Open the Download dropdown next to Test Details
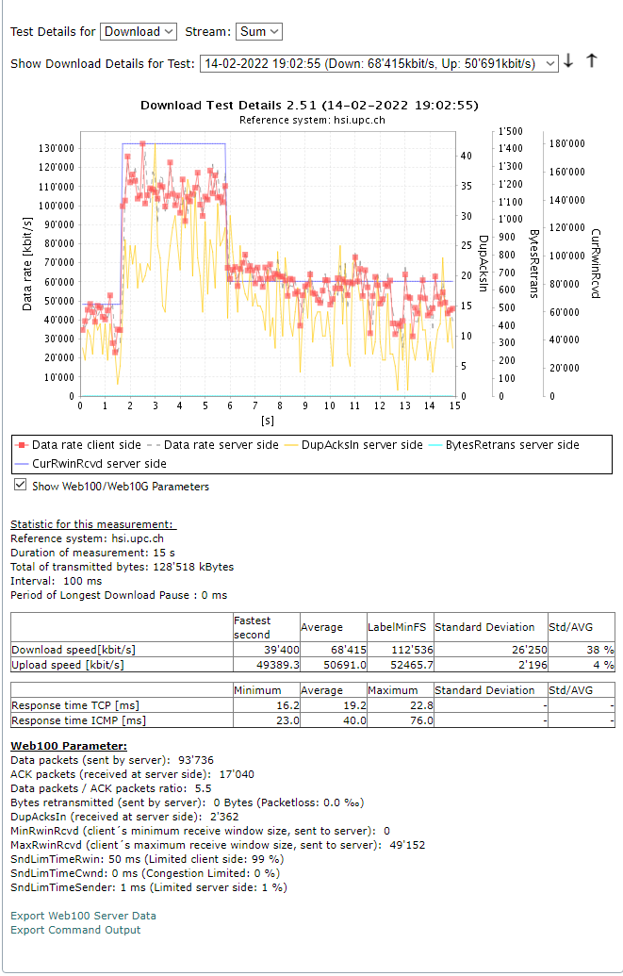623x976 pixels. (x=138, y=31)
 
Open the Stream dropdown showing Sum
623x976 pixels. (x=258, y=31)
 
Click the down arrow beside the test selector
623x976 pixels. (x=568, y=61)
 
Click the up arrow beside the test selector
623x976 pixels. (x=592, y=60)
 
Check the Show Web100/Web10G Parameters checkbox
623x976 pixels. (x=21, y=486)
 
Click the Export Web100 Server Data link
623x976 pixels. (x=83, y=916)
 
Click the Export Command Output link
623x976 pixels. (x=75, y=930)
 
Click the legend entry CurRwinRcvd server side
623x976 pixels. (x=99, y=464)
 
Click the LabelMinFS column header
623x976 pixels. (x=397, y=627)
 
